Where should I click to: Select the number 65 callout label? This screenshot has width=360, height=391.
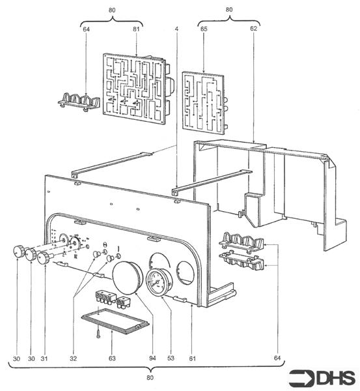coord(204,30)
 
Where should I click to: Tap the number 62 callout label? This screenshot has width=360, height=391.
coord(253,30)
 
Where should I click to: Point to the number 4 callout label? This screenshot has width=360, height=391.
coord(176,30)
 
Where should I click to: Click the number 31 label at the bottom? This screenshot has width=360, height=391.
coord(44,358)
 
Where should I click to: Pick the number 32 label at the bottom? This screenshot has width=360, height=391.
coord(72,358)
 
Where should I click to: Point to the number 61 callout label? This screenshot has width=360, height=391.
coord(192,358)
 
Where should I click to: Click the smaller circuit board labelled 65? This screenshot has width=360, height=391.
coord(207,102)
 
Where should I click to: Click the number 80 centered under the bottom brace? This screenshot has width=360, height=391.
coord(150,379)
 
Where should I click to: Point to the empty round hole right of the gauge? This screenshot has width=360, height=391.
coord(184,273)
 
